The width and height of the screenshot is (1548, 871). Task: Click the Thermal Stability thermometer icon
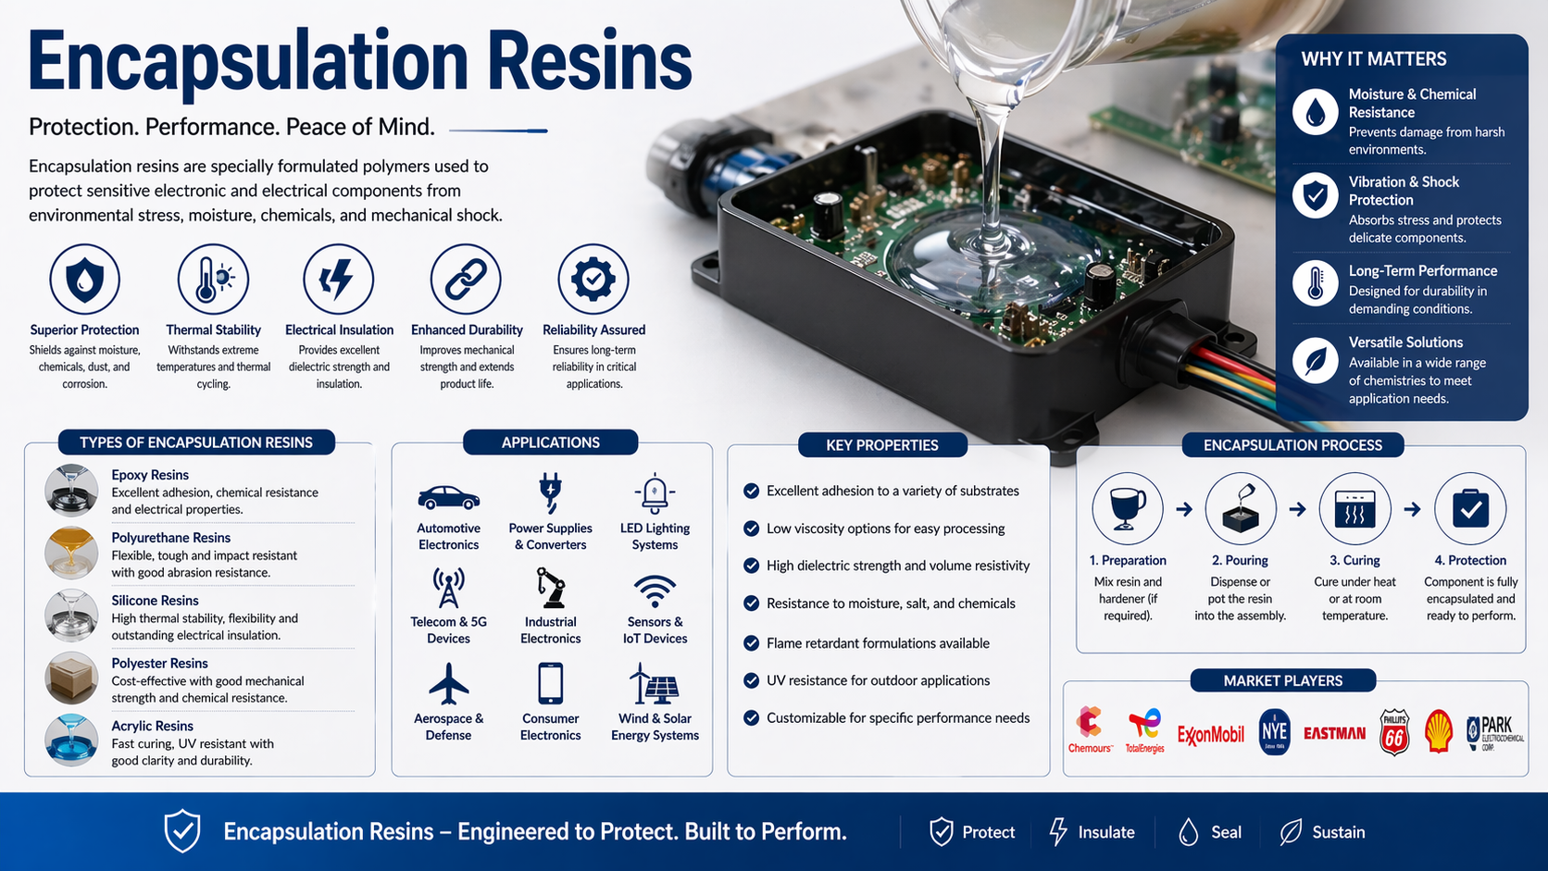click(213, 279)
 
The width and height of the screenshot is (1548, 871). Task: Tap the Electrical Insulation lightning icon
click(339, 279)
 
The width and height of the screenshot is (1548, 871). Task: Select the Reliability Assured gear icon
click(593, 279)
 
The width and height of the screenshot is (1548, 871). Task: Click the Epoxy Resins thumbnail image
click(71, 490)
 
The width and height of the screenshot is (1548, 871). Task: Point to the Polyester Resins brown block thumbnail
click(71, 678)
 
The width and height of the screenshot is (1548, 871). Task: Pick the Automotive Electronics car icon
click(448, 498)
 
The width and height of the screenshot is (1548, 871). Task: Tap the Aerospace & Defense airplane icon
click(448, 684)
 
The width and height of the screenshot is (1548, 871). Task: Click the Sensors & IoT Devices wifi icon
click(655, 591)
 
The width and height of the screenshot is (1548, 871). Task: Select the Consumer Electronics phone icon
click(550, 684)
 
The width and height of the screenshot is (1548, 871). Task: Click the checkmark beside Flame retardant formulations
click(752, 642)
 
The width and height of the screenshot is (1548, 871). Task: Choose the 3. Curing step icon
click(1354, 509)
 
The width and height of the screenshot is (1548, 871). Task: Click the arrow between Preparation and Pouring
click(1184, 509)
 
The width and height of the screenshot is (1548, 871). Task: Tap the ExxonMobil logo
click(1210, 735)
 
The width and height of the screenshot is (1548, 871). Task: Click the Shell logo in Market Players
click(1438, 731)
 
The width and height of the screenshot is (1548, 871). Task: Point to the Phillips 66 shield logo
click(1394, 732)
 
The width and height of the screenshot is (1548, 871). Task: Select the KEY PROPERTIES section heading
click(882, 445)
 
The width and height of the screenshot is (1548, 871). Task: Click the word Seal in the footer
click(1226, 832)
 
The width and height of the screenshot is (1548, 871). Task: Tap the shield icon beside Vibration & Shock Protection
click(1315, 195)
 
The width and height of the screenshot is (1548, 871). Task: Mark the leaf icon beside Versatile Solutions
click(1315, 360)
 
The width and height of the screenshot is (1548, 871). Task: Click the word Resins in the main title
click(589, 62)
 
